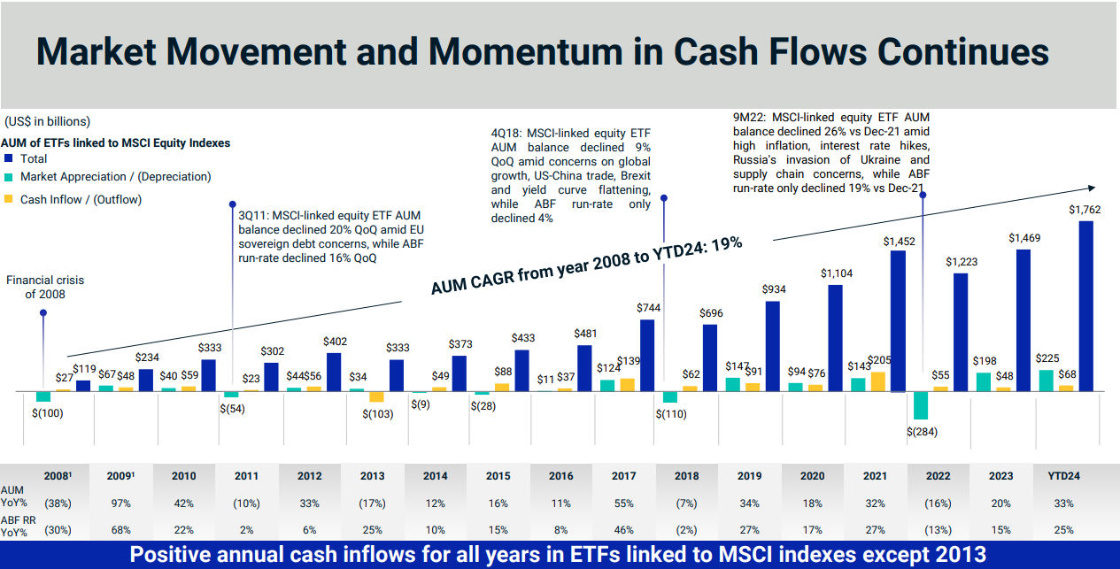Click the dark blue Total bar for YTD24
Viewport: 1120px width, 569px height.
pyautogui.click(x=1086, y=305)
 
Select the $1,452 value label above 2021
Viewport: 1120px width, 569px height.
pyautogui.click(x=899, y=241)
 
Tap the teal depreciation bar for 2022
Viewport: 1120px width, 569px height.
pyautogui.click(x=921, y=404)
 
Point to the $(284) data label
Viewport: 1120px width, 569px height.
pyautogui.click(x=922, y=432)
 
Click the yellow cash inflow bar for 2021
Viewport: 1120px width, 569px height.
pyautogui.click(x=878, y=381)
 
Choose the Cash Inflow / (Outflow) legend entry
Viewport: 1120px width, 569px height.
pyautogui.click(x=81, y=200)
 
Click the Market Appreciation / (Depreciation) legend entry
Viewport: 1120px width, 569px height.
pyautogui.click(x=115, y=177)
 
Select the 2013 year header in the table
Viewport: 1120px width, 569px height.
pyautogui.click(x=373, y=475)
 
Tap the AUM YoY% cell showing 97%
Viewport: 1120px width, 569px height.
pyautogui.click(x=120, y=504)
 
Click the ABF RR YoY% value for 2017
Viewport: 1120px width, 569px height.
pyautogui.click(x=624, y=530)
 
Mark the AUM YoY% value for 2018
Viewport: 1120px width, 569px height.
pyautogui.click(x=687, y=504)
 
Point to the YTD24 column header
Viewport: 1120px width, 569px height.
pyautogui.click(x=1063, y=475)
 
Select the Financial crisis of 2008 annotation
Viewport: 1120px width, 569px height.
pyautogui.click(x=45, y=287)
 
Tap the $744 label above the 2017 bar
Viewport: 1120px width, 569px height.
pyautogui.click(x=649, y=308)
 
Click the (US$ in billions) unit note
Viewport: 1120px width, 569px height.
pyautogui.click(x=47, y=121)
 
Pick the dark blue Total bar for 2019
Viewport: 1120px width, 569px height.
pyautogui.click(x=773, y=346)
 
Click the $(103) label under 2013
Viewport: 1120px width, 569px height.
pyautogui.click(x=378, y=414)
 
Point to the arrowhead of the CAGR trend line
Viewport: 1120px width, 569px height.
pyautogui.click(x=1093, y=188)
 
